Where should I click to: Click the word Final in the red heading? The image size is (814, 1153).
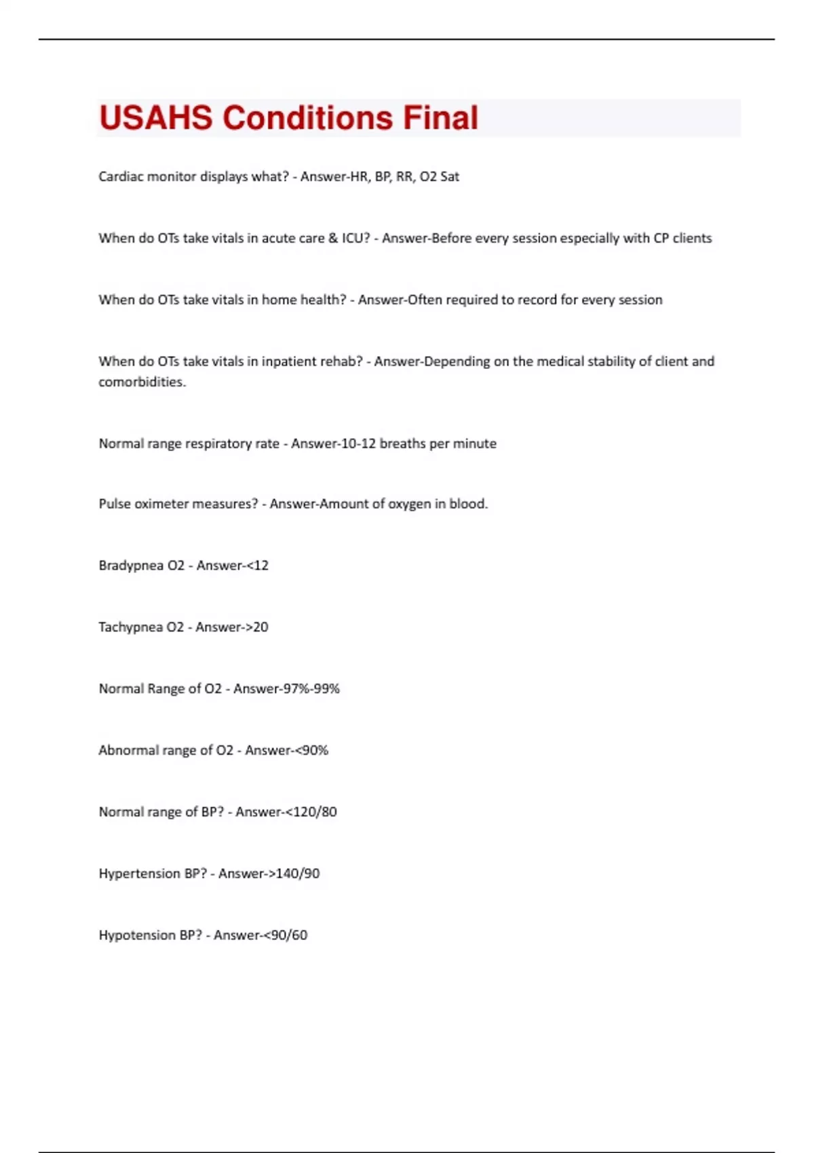[x=440, y=118]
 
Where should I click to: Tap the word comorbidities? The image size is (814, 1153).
[x=142, y=382]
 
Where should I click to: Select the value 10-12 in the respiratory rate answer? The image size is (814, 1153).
[x=362, y=444]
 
